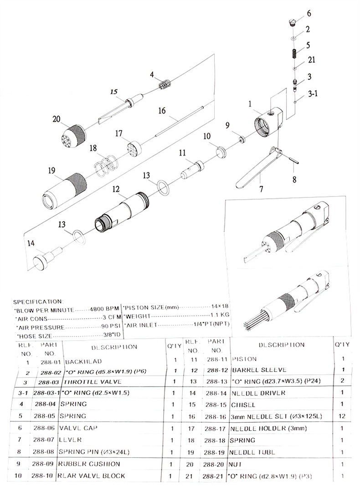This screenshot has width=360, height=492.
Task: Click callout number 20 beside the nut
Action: click(57, 119)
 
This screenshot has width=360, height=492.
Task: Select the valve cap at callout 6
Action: click(293, 21)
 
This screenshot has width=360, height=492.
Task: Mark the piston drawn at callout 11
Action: click(192, 168)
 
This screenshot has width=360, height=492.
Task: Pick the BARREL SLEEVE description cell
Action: click(252, 369)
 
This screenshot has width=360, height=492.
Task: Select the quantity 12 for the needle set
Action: click(342, 416)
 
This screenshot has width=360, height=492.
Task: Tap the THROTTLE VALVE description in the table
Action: click(87, 381)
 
